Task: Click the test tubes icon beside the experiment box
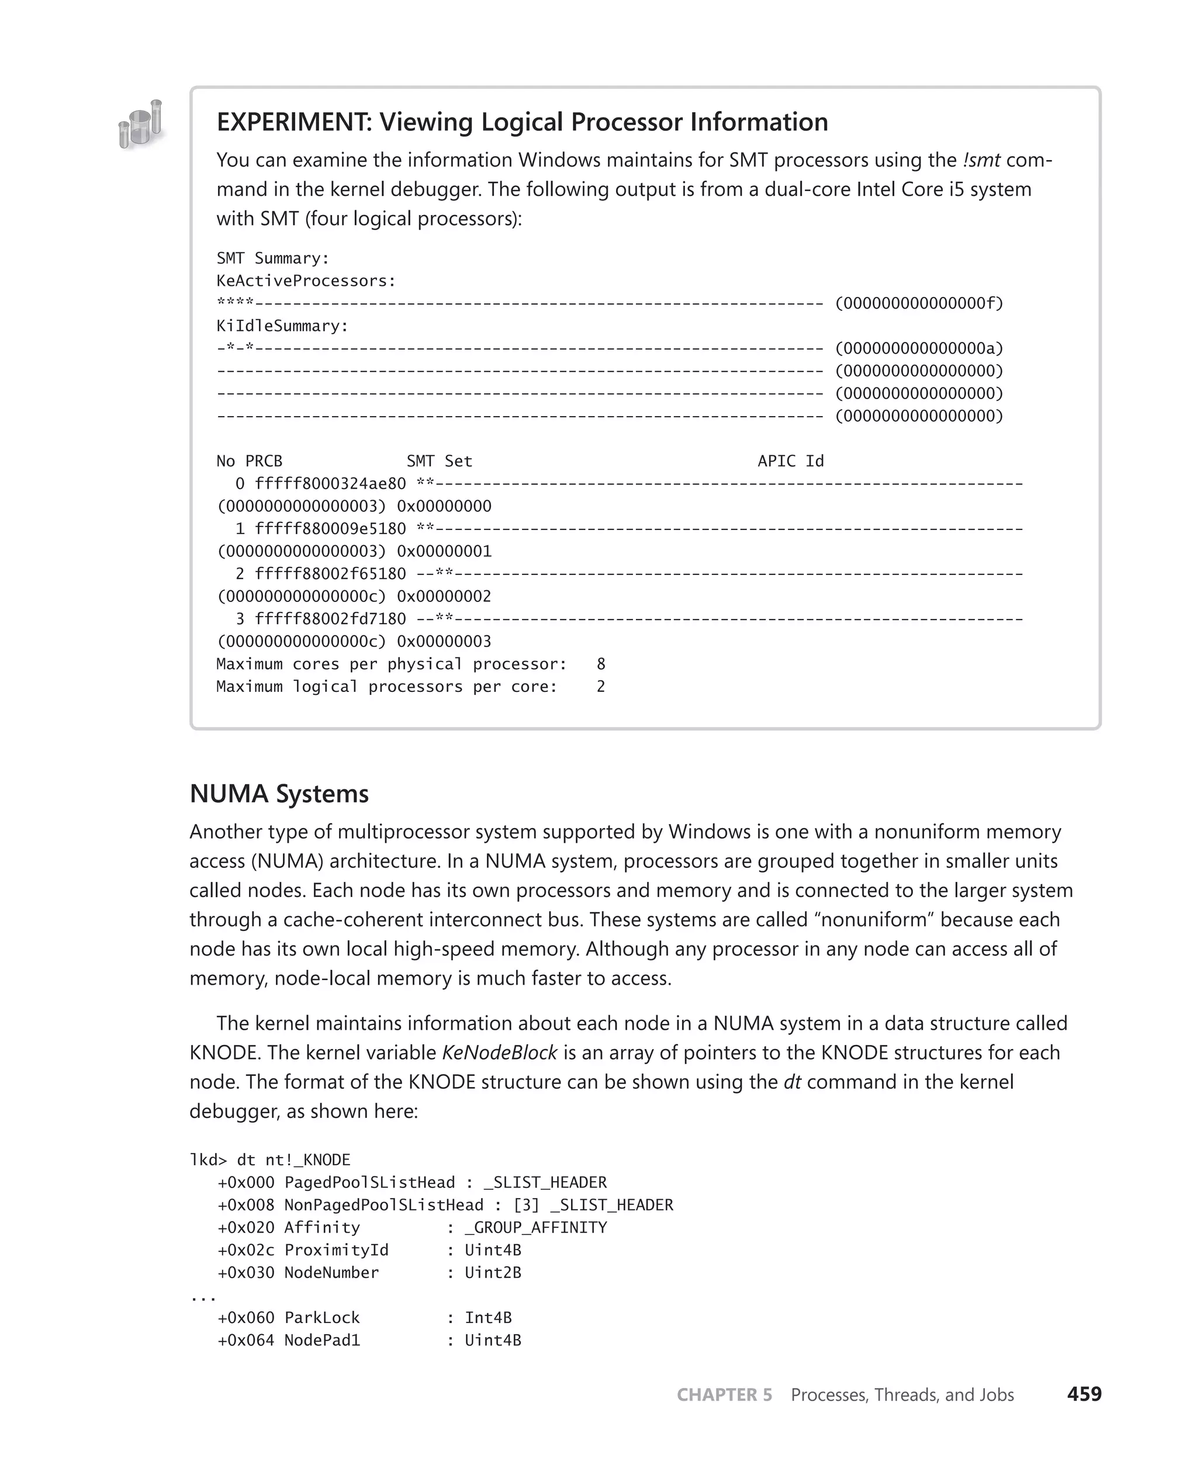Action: pos(141,124)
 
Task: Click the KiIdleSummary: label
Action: pos(283,326)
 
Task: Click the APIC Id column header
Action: pos(790,461)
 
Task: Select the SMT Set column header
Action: pos(439,461)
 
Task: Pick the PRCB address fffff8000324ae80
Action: pos(330,484)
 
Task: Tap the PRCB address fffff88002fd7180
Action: pos(330,619)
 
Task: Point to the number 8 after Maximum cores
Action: pos(601,664)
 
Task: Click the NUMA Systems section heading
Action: pos(279,794)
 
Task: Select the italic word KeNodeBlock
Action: pos(499,1053)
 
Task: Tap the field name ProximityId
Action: pos(337,1250)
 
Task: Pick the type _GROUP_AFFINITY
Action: pos(536,1227)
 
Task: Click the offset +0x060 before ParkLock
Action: pos(245,1318)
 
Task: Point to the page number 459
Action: pos(1084,1394)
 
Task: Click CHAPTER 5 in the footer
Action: pos(724,1395)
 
